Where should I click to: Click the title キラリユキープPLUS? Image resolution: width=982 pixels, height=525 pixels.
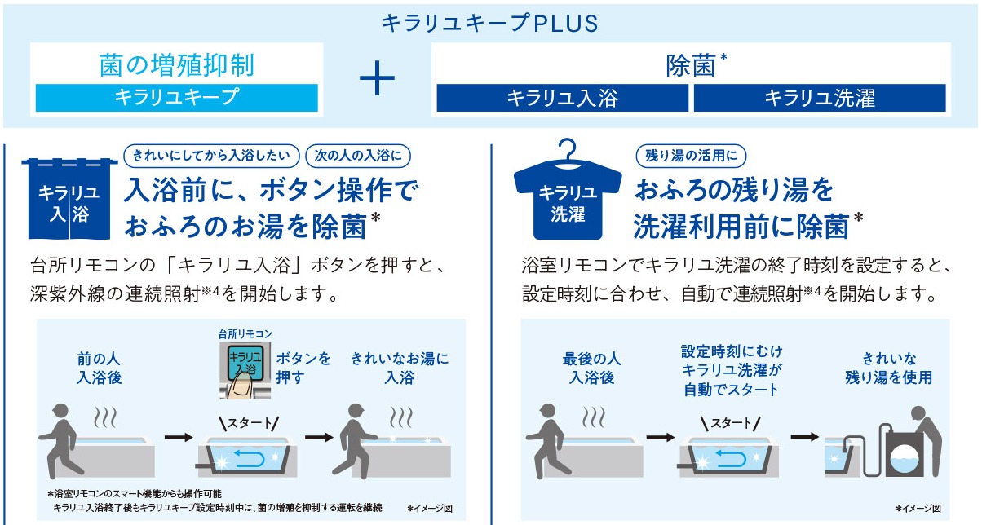[489, 23]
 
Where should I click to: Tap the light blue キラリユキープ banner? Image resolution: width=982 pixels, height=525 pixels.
[177, 98]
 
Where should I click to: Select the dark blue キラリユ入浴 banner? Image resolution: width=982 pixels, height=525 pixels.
[563, 98]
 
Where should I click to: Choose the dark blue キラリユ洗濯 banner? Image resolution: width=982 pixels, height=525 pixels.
[820, 98]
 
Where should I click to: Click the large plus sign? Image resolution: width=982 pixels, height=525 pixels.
[377, 78]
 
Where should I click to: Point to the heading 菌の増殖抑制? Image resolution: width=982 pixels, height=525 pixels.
[177, 65]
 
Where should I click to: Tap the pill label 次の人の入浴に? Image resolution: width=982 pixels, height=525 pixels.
[358, 156]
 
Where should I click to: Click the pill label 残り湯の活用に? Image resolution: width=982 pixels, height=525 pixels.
[691, 156]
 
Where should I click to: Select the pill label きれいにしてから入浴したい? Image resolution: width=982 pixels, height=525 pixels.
[211, 156]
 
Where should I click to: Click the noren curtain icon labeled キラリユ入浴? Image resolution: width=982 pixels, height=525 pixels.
[69, 199]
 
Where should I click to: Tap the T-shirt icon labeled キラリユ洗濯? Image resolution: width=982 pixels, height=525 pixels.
[568, 201]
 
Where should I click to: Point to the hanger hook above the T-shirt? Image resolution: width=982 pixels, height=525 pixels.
[568, 149]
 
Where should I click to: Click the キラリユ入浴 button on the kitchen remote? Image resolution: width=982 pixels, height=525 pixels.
[245, 364]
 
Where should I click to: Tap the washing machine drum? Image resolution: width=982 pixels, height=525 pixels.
[905, 461]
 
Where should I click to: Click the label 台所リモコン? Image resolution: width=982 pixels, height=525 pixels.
[245, 334]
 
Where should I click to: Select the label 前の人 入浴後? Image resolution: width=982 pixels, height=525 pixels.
[99, 368]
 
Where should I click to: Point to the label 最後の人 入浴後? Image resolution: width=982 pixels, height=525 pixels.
[591, 368]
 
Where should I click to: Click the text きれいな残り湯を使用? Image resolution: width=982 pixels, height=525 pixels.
[889, 368]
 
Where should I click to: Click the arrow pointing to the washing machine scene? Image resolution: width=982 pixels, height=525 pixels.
[805, 436]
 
